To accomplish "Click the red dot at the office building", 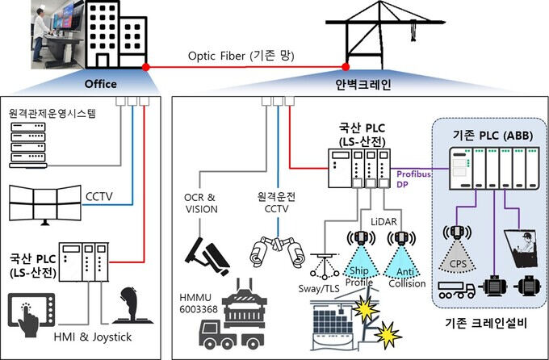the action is pyautogui.click(x=146, y=67).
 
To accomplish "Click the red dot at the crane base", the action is pyautogui.click(x=346, y=67).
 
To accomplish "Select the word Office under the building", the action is pyautogui.click(x=101, y=84).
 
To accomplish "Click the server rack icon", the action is pyautogui.click(x=28, y=145).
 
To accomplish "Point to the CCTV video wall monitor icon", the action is pyautogui.click(x=45, y=205).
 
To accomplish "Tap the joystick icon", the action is pyautogui.click(x=132, y=306).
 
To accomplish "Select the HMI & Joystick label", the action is pyautogui.click(x=93, y=337).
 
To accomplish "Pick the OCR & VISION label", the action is pyautogui.click(x=201, y=203).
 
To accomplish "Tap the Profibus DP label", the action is pyautogui.click(x=413, y=179).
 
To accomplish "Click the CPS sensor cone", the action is pyautogui.click(x=457, y=258).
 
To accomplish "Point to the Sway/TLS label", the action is pyautogui.click(x=319, y=288).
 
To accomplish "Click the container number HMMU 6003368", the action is pyautogui.click(x=198, y=303).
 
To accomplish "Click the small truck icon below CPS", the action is pyautogui.click(x=457, y=291).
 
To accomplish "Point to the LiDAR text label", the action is pyautogui.click(x=383, y=222).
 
